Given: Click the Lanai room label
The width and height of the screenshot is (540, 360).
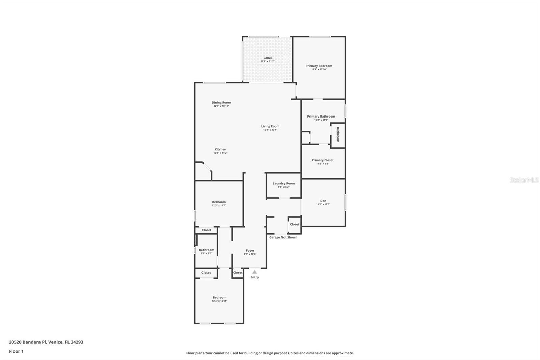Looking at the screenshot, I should [x=267, y=58].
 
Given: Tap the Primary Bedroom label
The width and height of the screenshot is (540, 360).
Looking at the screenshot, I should [x=319, y=66].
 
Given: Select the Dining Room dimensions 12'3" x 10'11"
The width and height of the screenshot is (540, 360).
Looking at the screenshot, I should [x=221, y=106].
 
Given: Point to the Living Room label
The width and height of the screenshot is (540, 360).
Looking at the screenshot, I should [x=270, y=126].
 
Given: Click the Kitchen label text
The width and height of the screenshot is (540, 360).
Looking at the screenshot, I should [x=220, y=149].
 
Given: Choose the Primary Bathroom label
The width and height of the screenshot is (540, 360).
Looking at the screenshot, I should [x=321, y=117].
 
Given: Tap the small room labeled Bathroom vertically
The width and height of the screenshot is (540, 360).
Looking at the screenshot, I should [x=337, y=134].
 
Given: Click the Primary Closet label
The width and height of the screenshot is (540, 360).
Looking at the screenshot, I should [x=322, y=160].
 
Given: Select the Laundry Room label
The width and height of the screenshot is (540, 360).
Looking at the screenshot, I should [x=283, y=184].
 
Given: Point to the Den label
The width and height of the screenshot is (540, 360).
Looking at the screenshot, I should [x=323, y=201].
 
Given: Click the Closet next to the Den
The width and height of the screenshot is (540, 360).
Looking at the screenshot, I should [x=294, y=224].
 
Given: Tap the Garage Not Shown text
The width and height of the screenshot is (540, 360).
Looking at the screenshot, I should [x=283, y=237].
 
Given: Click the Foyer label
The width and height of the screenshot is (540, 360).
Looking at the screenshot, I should [x=250, y=251].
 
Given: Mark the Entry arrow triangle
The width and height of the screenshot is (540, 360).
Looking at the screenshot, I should [x=255, y=272].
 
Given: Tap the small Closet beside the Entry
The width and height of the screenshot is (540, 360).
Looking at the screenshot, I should [x=238, y=273].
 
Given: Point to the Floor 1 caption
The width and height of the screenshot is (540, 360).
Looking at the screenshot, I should [x=16, y=351].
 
